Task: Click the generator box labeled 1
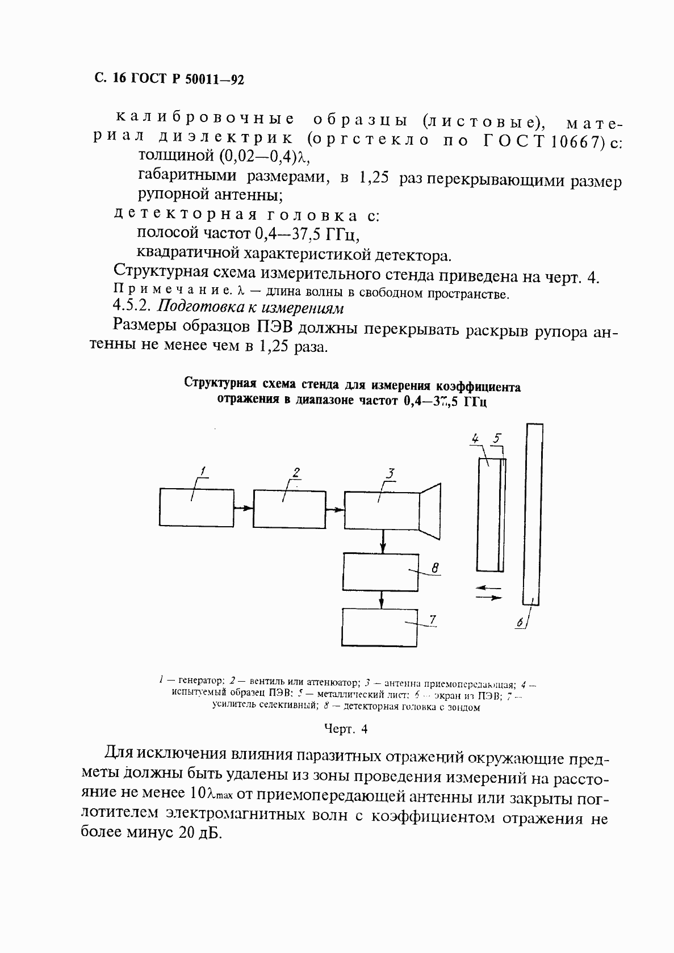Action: pos(196,507)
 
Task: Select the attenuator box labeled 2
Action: pos(288,507)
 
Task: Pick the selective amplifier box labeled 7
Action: pos(380,627)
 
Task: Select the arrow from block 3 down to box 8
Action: pos(383,541)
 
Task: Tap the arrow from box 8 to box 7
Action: pos(382,599)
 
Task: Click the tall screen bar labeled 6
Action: pos(533,514)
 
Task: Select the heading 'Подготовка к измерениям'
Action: pos(250,307)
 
